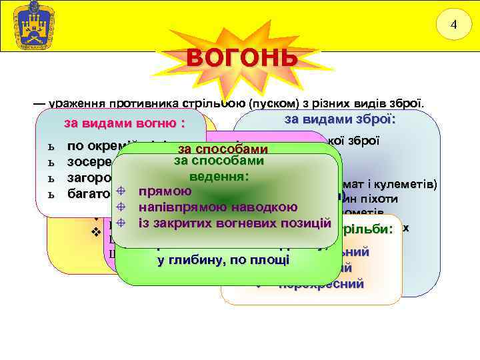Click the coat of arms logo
point(29,26)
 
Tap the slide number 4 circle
point(453,25)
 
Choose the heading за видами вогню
point(124,124)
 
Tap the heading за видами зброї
point(340,120)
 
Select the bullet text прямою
point(165,192)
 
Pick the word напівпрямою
point(179,207)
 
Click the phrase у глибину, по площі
point(223,260)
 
